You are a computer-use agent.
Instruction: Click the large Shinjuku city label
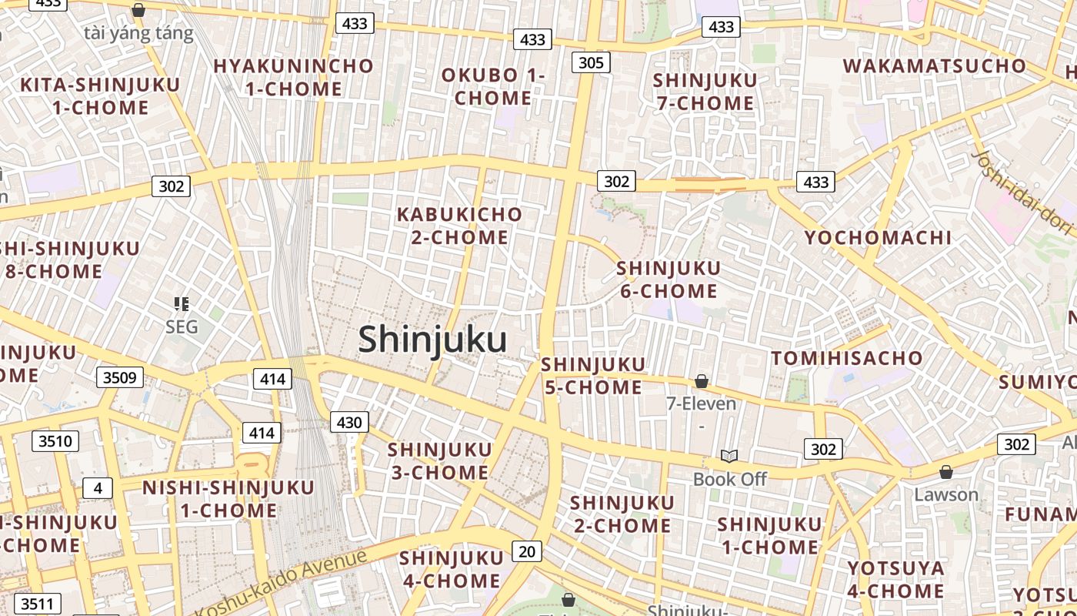click(432, 340)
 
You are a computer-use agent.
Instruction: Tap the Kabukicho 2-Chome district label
click(459, 226)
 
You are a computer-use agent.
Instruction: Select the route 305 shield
click(591, 62)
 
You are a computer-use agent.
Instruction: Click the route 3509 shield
click(119, 377)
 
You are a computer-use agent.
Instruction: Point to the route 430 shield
click(349, 422)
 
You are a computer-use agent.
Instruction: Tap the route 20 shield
click(526, 551)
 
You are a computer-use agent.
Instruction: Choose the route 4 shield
click(98, 488)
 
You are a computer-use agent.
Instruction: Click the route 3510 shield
click(55, 441)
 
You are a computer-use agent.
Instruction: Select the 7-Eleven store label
click(701, 403)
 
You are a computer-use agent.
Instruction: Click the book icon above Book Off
click(729, 457)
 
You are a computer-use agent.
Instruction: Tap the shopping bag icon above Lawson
click(946, 472)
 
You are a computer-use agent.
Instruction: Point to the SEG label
click(182, 326)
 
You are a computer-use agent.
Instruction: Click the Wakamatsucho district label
click(935, 65)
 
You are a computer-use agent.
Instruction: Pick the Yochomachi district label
click(878, 237)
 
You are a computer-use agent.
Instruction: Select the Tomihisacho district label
click(846, 358)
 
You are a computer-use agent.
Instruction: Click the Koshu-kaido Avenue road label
click(281, 583)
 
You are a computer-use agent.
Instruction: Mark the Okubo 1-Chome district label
click(493, 86)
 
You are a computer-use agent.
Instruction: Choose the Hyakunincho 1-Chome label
click(293, 77)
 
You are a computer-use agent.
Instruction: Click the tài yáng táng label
click(138, 33)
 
